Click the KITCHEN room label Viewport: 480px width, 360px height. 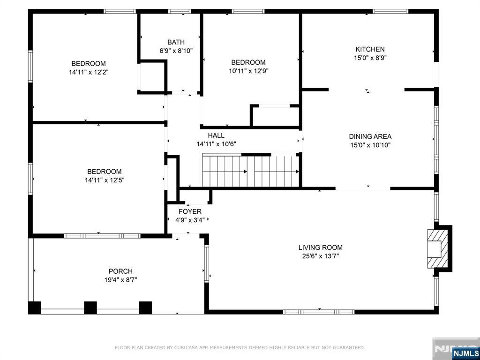click(370, 49)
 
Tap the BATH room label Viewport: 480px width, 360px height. click(176, 42)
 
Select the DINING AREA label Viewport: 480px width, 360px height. click(370, 136)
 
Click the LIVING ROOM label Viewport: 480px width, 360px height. click(321, 247)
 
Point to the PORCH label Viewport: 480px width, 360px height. click(120, 271)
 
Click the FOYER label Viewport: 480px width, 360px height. click(190, 211)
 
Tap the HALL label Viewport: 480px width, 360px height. click(216, 135)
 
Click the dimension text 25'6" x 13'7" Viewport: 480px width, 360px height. click(321, 256)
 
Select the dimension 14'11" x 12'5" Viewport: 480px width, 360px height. click(105, 180)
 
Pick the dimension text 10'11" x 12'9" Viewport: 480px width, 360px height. click(248, 71)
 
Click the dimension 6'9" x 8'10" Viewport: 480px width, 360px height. click(176, 51)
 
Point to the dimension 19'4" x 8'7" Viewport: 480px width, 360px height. click(120, 280)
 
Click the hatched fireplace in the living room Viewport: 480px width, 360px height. click(438, 249)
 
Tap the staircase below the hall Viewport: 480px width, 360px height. click(251, 171)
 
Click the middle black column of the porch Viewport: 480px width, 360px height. click(90, 308)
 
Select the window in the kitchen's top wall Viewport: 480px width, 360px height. click(390, 11)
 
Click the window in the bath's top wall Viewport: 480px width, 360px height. click(180, 11)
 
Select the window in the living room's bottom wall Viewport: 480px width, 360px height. click(319, 312)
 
